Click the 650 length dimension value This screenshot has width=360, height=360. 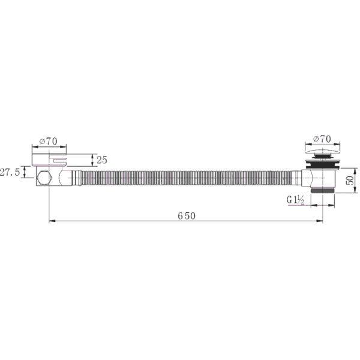tap(187, 216)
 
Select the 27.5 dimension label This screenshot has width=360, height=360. tap(10, 172)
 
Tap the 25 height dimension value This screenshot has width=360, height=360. tap(102, 160)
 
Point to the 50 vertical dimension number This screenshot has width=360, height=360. tap(350, 181)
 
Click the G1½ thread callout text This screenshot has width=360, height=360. tap(295, 200)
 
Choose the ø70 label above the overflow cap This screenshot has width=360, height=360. tap(48, 141)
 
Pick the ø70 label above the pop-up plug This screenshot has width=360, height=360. tap(322, 139)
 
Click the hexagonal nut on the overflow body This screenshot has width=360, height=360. tap(44, 178)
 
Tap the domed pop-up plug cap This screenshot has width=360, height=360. tap(323, 152)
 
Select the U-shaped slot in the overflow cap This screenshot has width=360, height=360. tap(59, 160)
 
